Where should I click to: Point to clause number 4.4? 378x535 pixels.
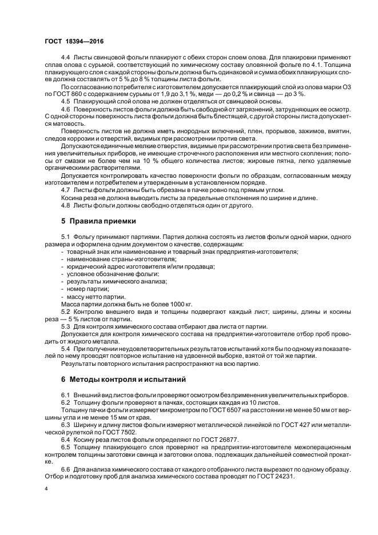coord(65,59)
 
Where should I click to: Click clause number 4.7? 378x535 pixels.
coord(65,189)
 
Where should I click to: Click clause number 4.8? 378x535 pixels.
coord(65,204)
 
